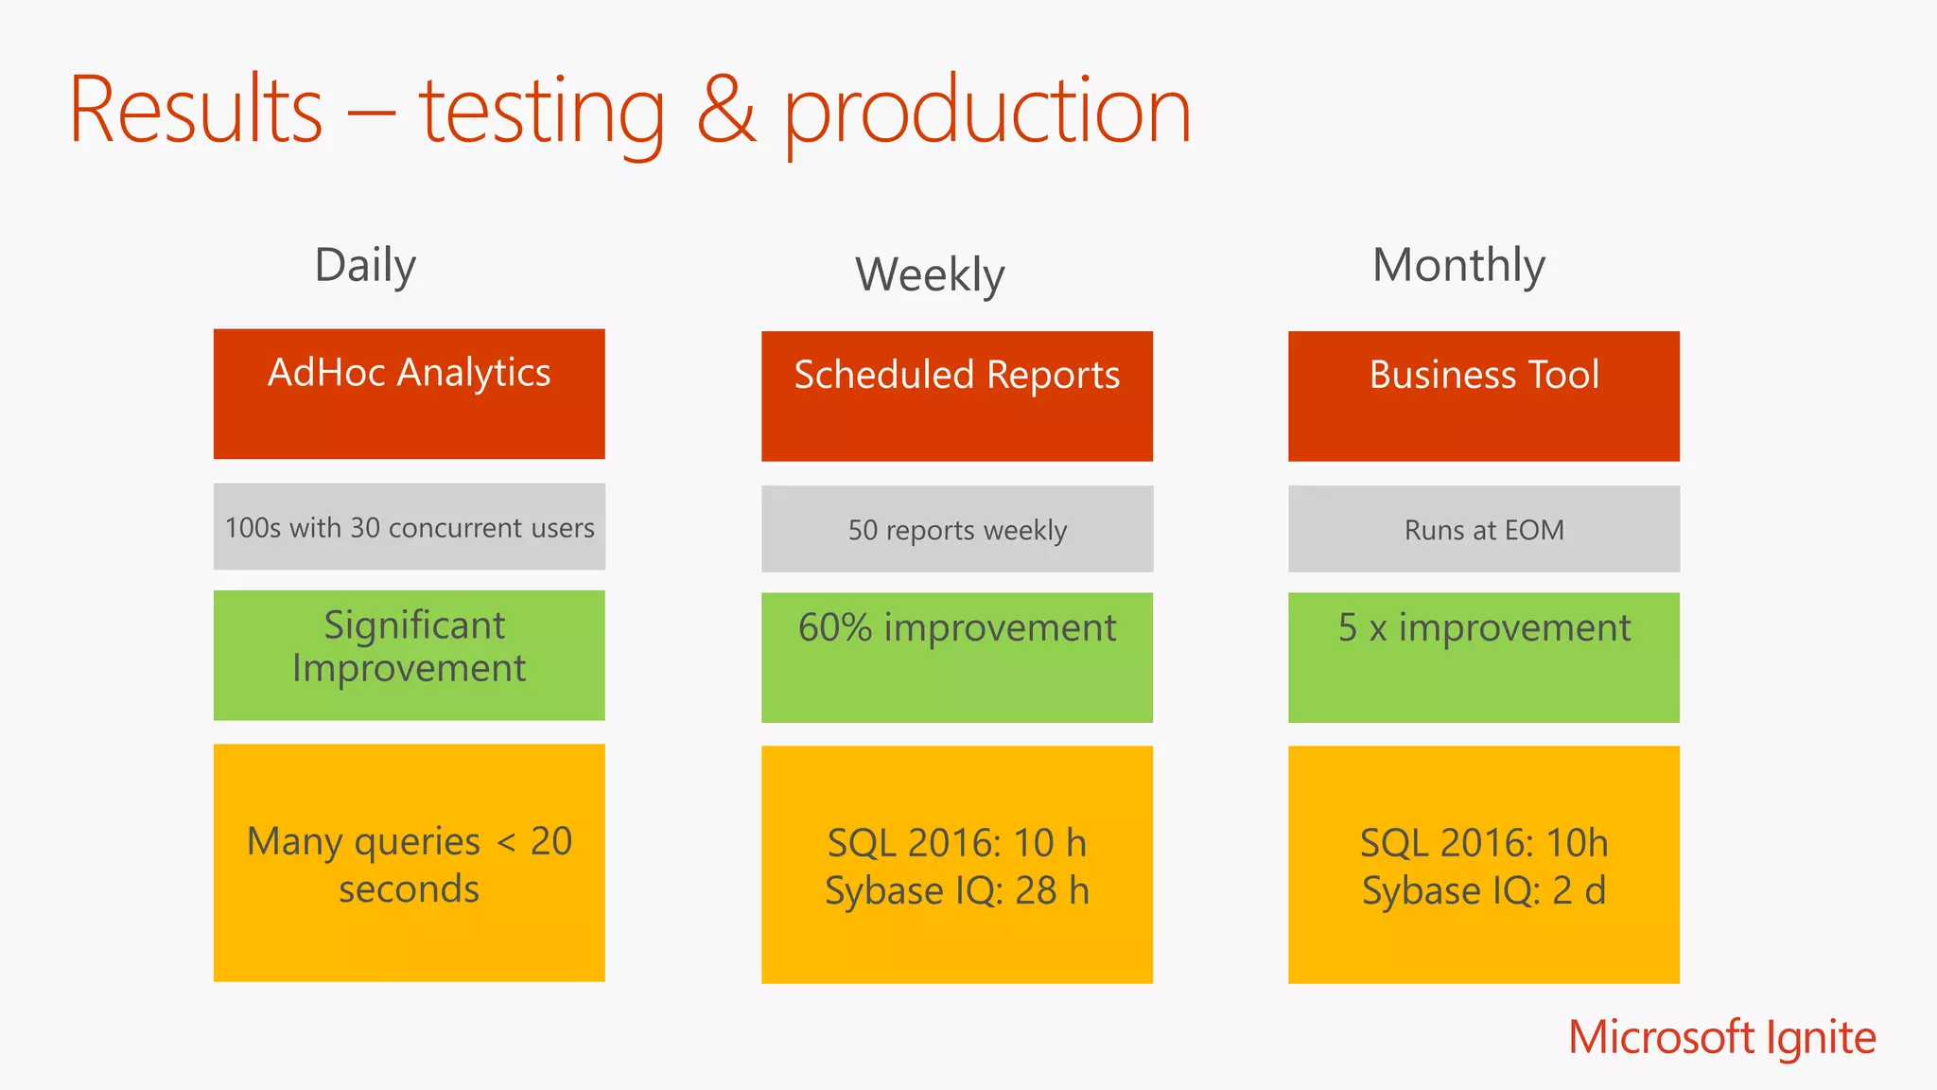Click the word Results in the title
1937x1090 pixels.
pyautogui.click(x=196, y=111)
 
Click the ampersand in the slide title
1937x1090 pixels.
pyautogui.click(x=726, y=111)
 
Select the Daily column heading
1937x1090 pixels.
pyautogui.click(x=365, y=265)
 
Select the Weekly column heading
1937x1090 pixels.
pyautogui.click(x=930, y=275)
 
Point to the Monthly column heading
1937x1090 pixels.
pyautogui.click(x=1458, y=265)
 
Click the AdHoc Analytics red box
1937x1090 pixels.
pyautogui.click(x=409, y=394)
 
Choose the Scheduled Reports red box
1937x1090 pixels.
pyautogui.click(x=956, y=396)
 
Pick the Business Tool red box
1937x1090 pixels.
pyautogui.click(x=1483, y=396)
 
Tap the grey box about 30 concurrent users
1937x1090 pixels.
pyautogui.click(x=409, y=527)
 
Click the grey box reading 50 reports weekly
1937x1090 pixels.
pyautogui.click(x=956, y=529)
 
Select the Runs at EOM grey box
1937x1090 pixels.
pyautogui.click(x=1483, y=529)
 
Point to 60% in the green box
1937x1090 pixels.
pyautogui.click(x=834, y=628)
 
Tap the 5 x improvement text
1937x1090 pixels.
pyautogui.click(x=1483, y=628)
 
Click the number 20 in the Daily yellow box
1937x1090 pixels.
pyautogui.click(x=550, y=841)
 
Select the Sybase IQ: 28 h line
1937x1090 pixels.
pyautogui.click(x=956, y=890)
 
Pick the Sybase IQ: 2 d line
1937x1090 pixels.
pyautogui.click(x=1483, y=890)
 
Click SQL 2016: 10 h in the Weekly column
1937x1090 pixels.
pyautogui.click(x=956, y=843)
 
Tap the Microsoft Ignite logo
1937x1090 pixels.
pyautogui.click(x=1721, y=1037)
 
